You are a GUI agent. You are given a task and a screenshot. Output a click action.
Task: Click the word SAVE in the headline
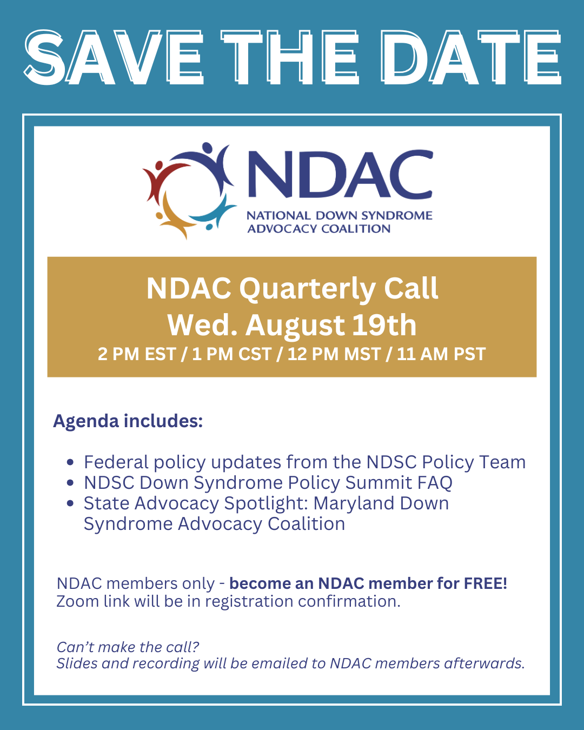(x=114, y=58)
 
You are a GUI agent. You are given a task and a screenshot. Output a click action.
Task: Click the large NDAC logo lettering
(x=340, y=174)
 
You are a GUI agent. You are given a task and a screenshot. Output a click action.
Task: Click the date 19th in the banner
(x=384, y=325)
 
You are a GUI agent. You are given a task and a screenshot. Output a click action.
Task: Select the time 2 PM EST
(x=136, y=354)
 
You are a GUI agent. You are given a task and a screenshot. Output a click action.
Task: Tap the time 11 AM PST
(x=441, y=354)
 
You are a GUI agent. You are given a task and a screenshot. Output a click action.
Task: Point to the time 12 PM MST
(x=334, y=354)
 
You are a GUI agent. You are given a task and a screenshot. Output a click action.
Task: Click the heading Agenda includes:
(x=128, y=422)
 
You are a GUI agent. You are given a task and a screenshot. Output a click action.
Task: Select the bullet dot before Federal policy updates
(x=70, y=462)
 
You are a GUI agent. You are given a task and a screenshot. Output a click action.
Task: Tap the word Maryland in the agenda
(x=354, y=504)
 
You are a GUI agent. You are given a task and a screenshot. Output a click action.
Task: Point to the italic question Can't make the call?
(x=128, y=647)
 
